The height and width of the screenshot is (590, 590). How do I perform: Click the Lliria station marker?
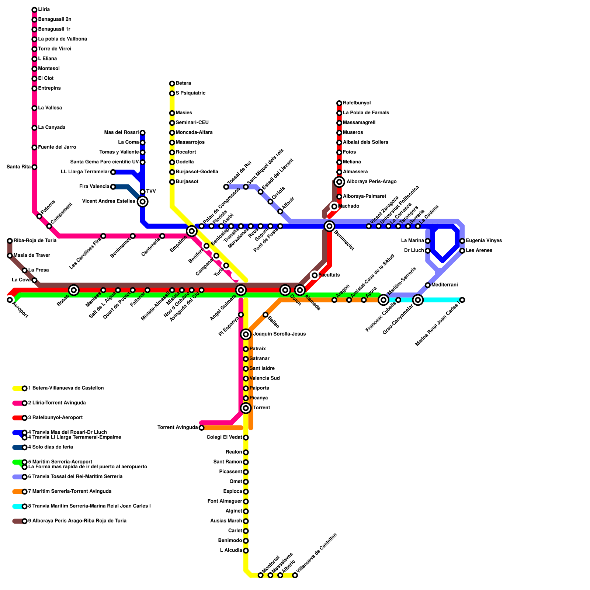(34, 10)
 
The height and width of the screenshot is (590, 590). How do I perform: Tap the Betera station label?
(183, 83)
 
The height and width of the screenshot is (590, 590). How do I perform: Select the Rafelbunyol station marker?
(339, 103)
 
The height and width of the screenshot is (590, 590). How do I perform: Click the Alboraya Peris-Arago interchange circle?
(339, 182)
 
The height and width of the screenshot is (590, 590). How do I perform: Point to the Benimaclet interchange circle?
(330, 226)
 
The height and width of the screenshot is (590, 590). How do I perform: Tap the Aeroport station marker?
(10, 300)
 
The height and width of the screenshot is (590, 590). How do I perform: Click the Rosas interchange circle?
(74, 290)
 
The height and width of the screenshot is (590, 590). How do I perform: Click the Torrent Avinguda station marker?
(201, 428)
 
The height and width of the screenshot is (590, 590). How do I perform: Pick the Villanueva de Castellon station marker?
(295, 575)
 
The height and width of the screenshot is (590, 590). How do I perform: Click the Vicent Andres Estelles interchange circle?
(143, 201)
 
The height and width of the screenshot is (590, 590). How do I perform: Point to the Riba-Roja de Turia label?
(35, 241)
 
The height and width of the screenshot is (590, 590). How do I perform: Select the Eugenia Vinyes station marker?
(462, 241)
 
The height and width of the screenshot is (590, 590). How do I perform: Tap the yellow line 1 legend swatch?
(17, 388)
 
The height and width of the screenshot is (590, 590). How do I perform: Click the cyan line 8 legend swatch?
(17, 506)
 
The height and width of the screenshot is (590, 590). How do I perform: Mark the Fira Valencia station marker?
(113, 187)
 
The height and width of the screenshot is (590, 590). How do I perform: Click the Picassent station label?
(231, 472)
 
